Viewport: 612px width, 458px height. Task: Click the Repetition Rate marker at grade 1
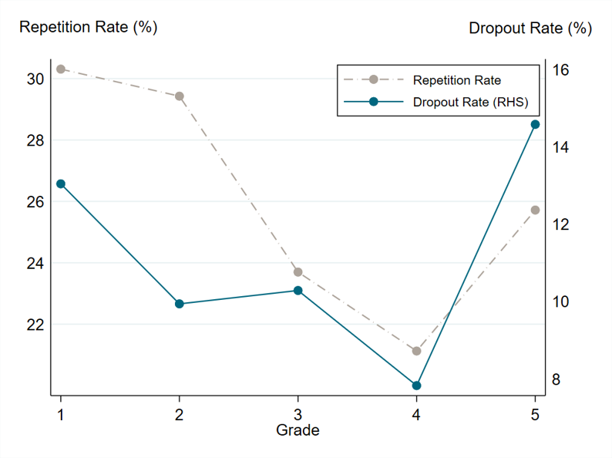(61, 69)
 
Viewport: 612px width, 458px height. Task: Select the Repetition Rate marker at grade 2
(180, 96)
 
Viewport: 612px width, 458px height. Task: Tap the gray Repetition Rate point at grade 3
(298, 272)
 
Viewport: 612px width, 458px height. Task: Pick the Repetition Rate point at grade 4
(417, 351)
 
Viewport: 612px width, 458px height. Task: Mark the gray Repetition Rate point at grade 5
(536, 210)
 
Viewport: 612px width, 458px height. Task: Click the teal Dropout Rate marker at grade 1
(61, 184)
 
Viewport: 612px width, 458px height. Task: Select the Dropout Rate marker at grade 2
(180, 304)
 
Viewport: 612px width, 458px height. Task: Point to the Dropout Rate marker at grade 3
(298, 291)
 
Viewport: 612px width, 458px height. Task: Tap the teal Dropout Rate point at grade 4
(417, 386)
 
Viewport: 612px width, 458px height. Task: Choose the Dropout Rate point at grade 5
(536, 124)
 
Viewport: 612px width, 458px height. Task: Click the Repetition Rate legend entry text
(456, 79)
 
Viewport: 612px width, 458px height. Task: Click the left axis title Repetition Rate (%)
(88, 27)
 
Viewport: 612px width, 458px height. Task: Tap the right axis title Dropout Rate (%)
(530, 29)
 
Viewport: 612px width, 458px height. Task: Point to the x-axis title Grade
(298, 430)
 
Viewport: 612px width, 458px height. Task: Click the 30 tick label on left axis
(35, 79)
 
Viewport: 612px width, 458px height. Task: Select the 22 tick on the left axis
(35, 325)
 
